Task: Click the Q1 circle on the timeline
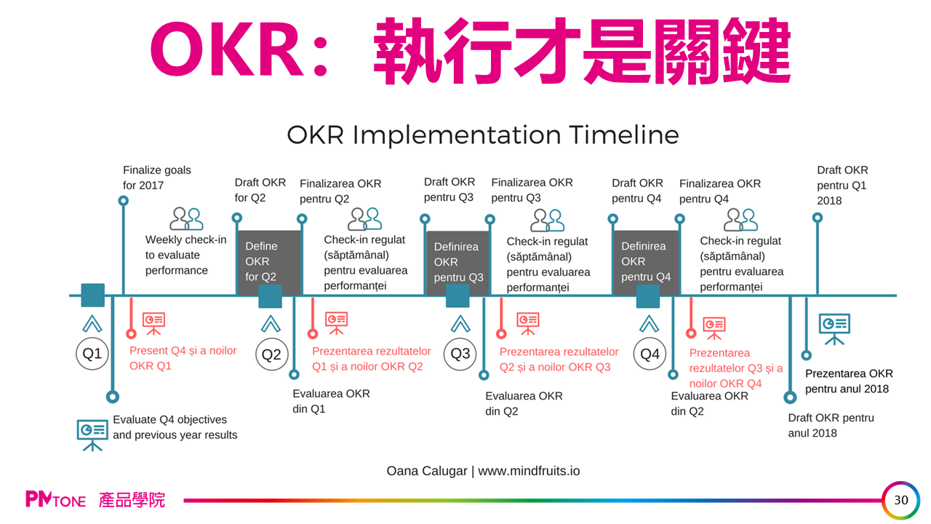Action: (92, 354)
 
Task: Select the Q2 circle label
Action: (271, 354)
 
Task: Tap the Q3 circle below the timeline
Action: (460, 354)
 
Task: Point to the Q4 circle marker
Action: (650, 354)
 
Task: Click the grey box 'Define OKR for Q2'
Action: (268, 261)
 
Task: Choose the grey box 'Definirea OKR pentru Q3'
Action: (457, 262)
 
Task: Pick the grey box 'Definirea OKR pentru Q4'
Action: (645, 262)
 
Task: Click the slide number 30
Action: (901, 500)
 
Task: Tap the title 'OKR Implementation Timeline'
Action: (483, 135)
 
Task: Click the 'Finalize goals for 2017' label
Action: (157, 178)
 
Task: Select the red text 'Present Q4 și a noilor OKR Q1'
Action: (183, 358)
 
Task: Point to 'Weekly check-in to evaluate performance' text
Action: (185, 255)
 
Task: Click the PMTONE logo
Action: (56, 500)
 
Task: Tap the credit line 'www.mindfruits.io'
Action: (529, 471)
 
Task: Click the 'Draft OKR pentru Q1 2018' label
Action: (842, 185)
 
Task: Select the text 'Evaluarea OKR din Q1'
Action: (331, 401)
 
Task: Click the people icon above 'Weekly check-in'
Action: (186, 218)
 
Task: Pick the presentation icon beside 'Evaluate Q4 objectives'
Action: (92, 432)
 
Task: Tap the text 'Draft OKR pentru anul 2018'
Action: (831, 425)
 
